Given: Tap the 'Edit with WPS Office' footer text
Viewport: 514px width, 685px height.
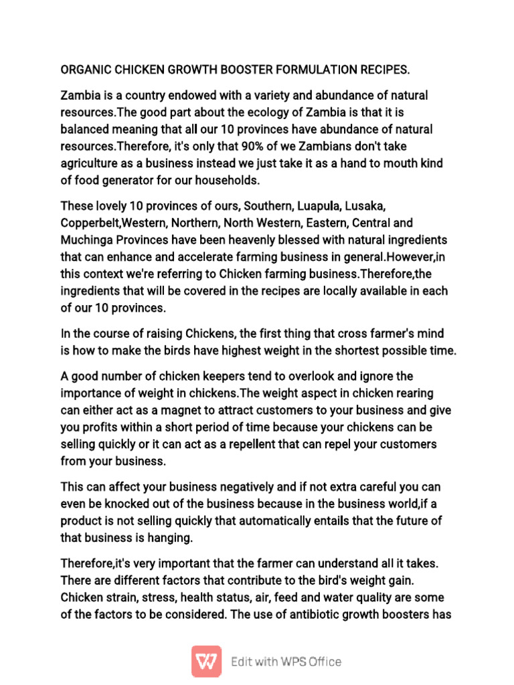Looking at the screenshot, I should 286,662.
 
